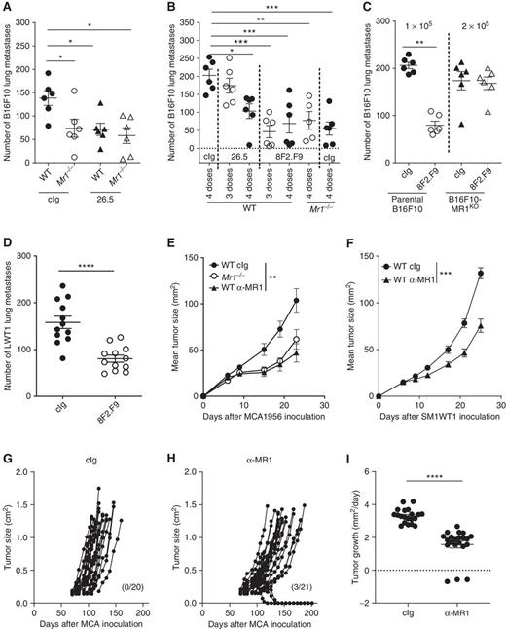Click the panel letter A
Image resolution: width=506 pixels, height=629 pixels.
(7, 8)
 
